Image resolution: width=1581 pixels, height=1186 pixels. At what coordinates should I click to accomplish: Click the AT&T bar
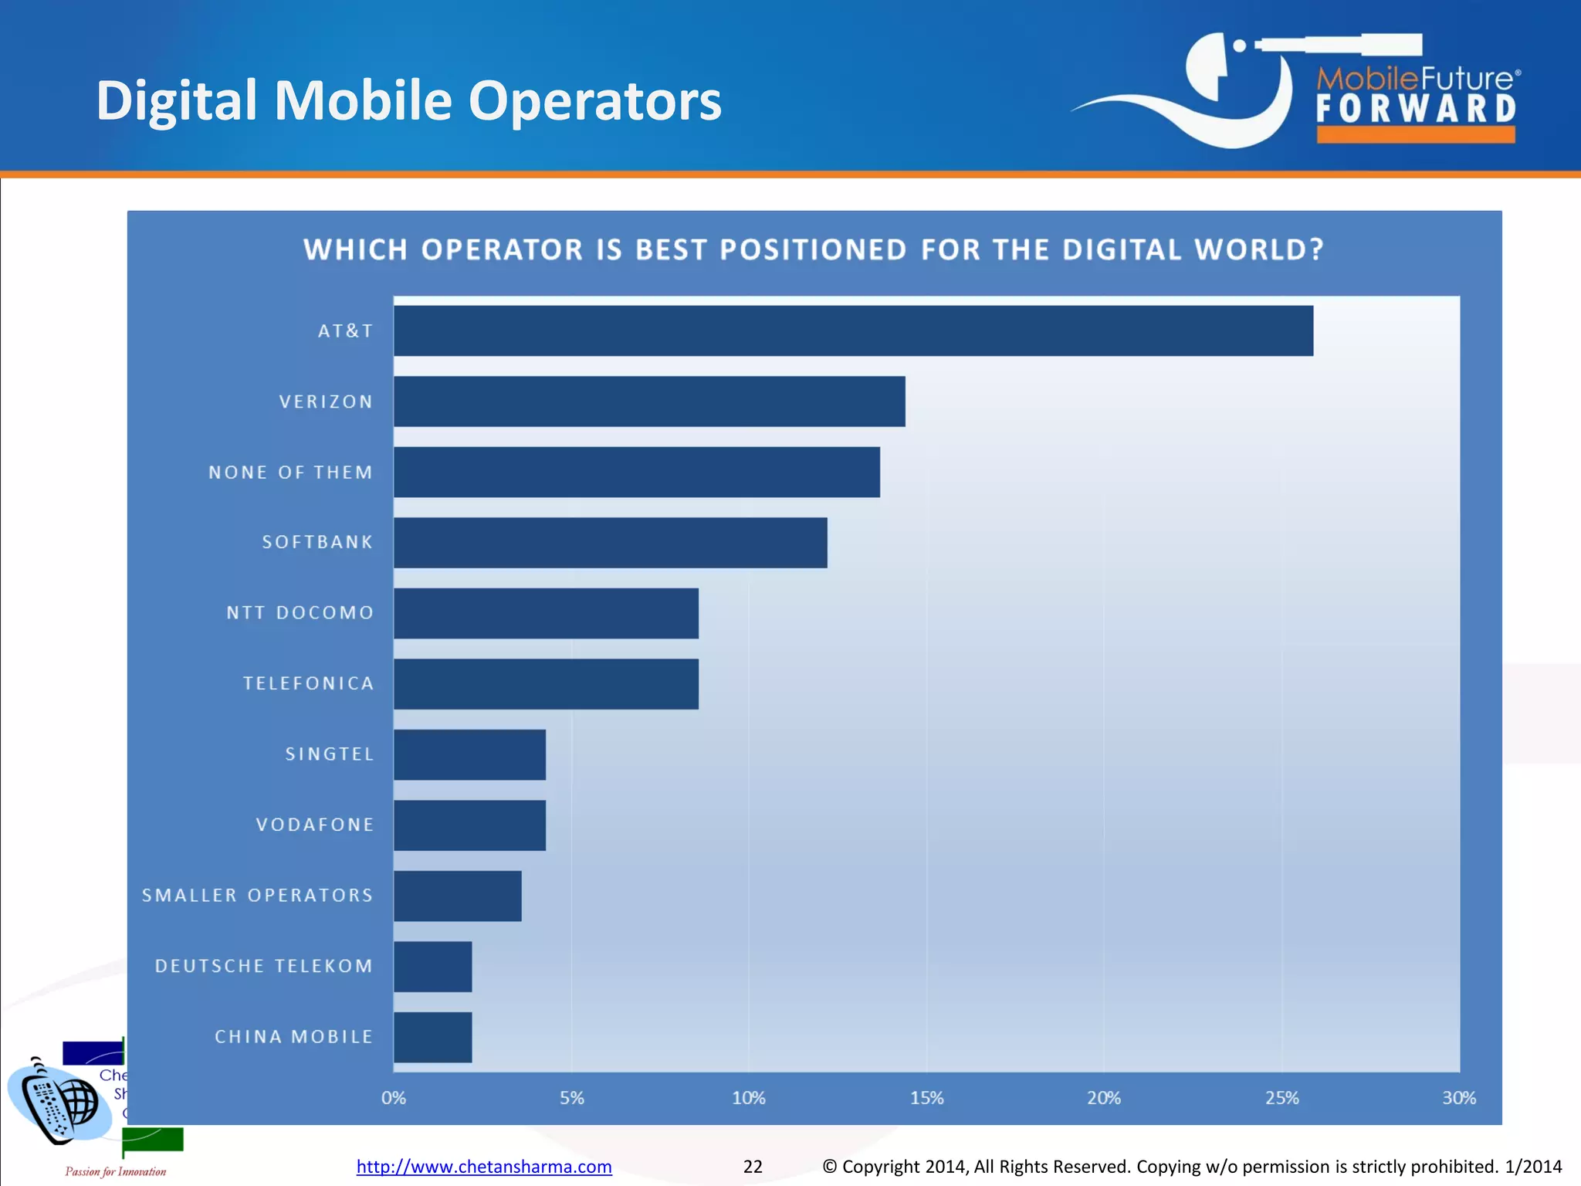[x=853, y=330]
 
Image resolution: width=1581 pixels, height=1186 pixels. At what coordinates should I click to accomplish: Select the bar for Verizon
[x=648, y=402]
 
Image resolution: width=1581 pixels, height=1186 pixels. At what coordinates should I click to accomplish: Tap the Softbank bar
[x=610, y=543]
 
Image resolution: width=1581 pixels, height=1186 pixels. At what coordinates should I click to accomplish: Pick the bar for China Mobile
[x=432, y=1037]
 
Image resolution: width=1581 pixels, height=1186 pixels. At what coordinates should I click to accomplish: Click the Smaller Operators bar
[x=457, y=896]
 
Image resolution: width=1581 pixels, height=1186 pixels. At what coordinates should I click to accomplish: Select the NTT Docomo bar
[x=546, y=613]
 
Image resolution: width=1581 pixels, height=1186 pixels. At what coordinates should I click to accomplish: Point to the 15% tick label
[x=926, y=1098]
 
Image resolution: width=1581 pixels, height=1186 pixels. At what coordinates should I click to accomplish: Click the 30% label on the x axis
[x=1458, y=1098]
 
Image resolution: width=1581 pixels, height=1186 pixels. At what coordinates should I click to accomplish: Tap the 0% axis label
[x=394, y=1098]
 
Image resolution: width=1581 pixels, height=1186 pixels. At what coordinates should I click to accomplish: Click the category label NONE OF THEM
[x=290, y=473]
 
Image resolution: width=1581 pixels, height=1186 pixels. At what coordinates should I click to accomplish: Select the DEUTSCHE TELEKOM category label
[x=264, y=966]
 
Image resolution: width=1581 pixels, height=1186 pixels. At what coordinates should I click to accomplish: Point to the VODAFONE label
[x=315, y=825]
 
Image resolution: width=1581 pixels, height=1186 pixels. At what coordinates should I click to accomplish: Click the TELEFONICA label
[x=308, y=683]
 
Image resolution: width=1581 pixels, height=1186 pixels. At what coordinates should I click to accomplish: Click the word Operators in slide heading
[x=594, y=100]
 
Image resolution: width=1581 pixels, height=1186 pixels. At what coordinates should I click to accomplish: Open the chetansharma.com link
[x=484, y=1167]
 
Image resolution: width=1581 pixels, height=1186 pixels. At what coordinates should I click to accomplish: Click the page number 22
[x=753, y=1167]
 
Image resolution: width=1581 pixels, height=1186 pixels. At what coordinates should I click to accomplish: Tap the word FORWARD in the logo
[x=1416, y=109]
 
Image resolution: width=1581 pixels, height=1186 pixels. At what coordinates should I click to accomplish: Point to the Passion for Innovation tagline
[x=116, y=1171]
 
